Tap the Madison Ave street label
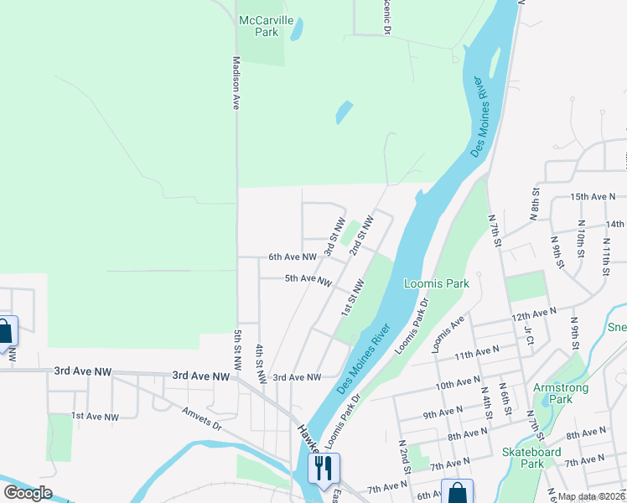(x=236, y=83)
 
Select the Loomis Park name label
(x=436, y=283)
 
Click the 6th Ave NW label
(x=293, y=257)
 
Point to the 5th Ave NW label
(x=308, y=278)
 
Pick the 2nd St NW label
(x=361, y=237)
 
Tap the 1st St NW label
(x=350, y=299)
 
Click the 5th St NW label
(x=238, y=350)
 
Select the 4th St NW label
(x=260, y=364)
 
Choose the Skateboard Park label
(x=533, y=458)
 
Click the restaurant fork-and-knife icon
(x=324, y=466)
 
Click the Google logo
(x=28, y=493)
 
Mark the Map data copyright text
(x=591, y=496)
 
